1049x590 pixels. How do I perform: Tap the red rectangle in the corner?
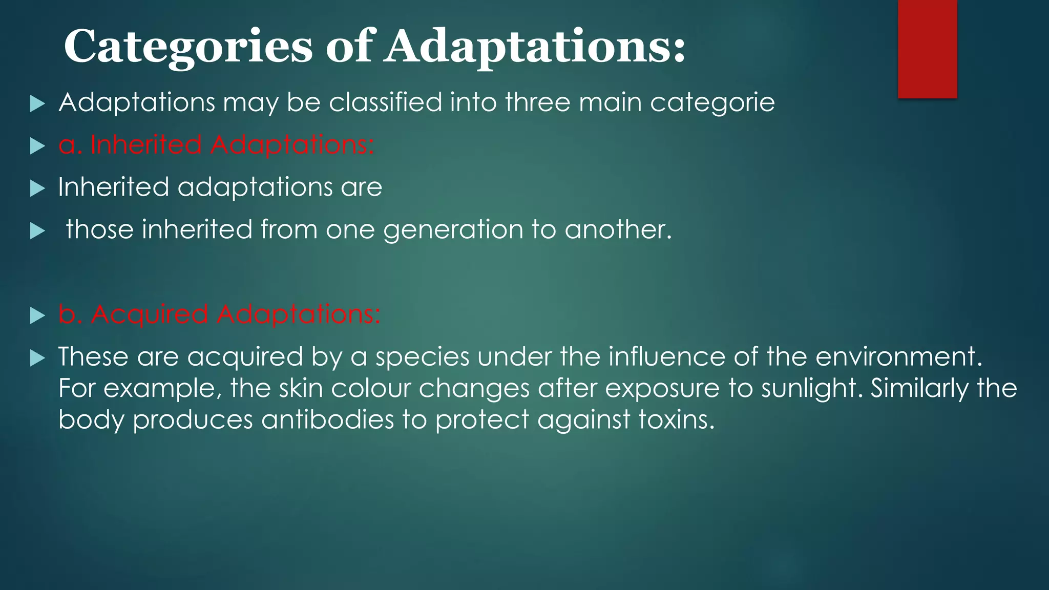click(927, 49)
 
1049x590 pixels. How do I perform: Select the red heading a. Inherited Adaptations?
click(216, 145)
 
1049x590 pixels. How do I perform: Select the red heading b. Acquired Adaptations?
click(219, 314)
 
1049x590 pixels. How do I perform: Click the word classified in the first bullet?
click(385, 102)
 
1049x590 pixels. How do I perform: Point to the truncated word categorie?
click(712, 103)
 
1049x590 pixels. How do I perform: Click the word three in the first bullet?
click(537, 102)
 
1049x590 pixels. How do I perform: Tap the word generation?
click(453, 230)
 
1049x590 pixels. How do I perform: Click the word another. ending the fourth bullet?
click(618, 229)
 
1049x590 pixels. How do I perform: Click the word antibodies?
click(328, 420)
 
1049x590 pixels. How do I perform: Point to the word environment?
click(898, 356)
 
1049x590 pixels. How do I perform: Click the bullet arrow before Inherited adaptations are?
click(37, 189)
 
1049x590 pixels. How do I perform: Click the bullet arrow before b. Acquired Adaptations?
click(37, 315)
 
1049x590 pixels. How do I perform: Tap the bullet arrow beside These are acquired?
click(37, 358)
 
